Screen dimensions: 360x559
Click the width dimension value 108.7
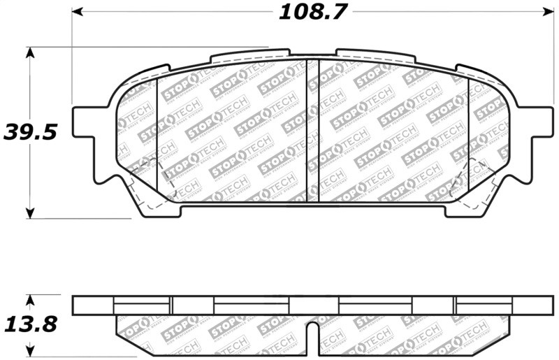(313, 12)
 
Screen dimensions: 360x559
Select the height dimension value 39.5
(29, 131)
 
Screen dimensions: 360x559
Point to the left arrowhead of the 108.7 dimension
(78, 12)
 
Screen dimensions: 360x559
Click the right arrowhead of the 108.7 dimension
(549, 12)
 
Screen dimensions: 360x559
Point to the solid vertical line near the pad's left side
(158, 140)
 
